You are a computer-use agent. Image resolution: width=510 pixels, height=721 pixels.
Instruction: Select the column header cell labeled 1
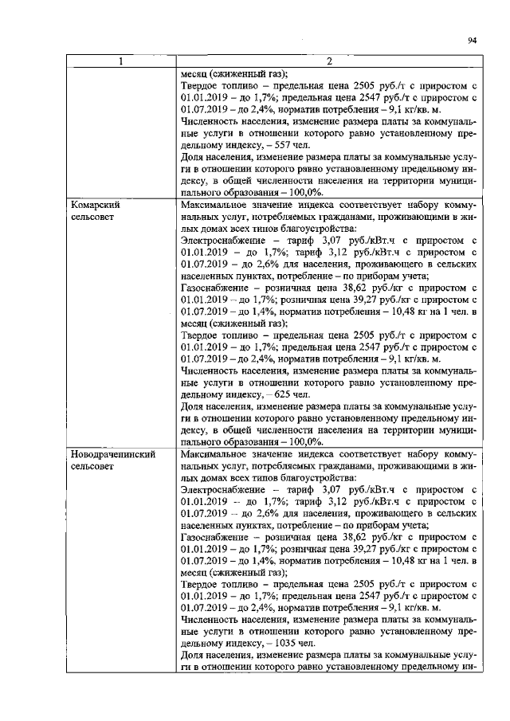(121, 61)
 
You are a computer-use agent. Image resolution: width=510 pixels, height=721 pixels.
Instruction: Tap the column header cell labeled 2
(328, 61)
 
